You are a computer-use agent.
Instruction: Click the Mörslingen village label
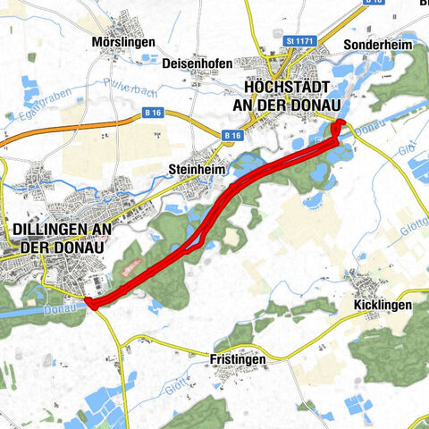123,42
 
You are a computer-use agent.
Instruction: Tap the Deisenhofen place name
198,63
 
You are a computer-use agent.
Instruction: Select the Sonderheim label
374,43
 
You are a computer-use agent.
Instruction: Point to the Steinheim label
194,168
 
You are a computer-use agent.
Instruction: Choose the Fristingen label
238,359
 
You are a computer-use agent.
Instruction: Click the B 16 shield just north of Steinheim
233,135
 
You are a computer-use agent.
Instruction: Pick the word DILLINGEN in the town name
63,229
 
